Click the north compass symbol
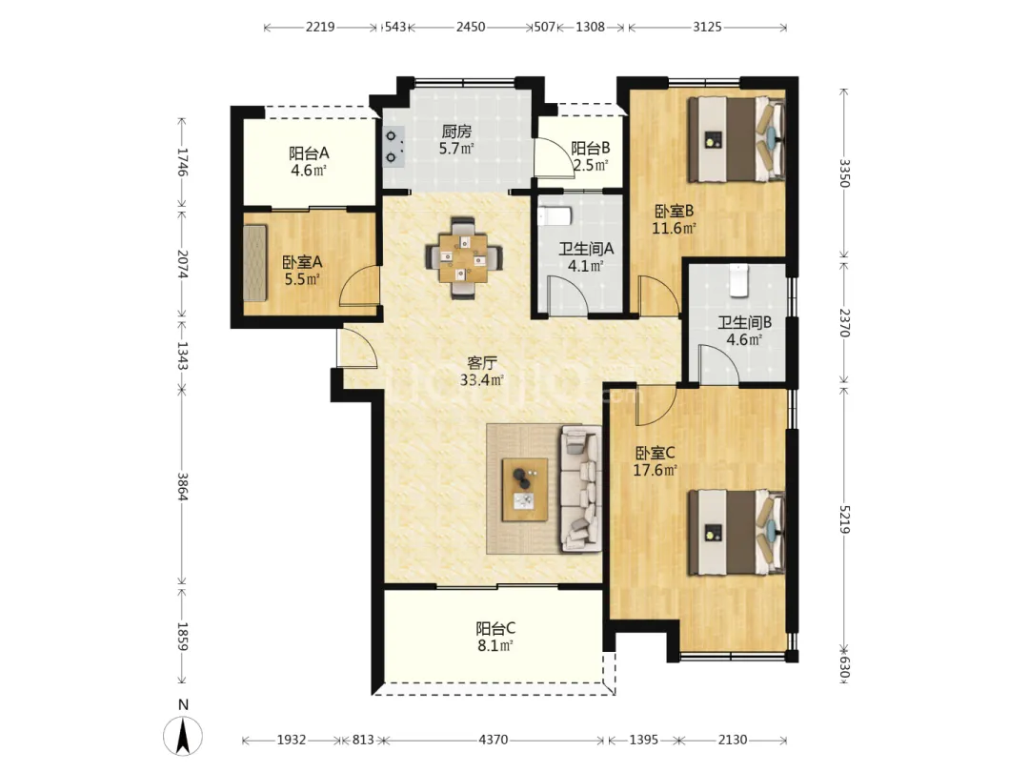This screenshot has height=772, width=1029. coord(182,735)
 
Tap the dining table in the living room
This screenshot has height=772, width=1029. coord(465,258)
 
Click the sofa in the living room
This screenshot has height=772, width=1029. coord(581,488)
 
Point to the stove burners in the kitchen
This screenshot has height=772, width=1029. coord(393,147)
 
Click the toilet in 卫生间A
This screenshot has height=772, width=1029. coord(555,215)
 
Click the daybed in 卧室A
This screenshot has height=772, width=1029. coord(254,263)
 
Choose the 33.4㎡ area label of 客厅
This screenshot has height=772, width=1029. coord(482,380)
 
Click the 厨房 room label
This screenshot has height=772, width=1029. coord(456,132)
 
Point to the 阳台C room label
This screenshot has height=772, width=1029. coord(495,629)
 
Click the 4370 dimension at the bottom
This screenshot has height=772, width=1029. coord(493,740)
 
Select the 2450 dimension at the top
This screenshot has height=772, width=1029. coord(471,27)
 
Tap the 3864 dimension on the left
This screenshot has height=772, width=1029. coord(182,486)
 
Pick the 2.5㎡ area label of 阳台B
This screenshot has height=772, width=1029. coord(592,165)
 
